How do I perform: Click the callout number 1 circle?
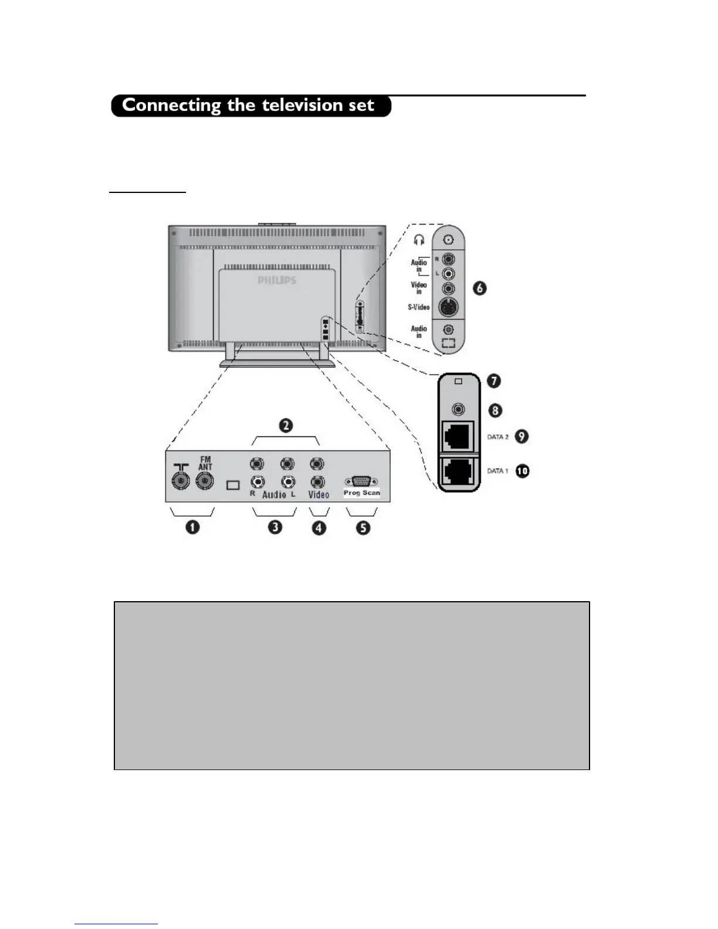192,527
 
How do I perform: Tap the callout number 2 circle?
286,425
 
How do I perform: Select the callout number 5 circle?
363,527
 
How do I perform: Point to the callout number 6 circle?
480,288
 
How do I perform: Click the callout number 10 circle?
522,470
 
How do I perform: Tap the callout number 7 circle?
495,381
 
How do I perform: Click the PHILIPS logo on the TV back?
277,280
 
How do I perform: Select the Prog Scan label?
361,493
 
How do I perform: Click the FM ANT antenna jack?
205,482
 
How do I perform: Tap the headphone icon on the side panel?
419,240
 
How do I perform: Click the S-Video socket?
449,307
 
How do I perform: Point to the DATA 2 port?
458,436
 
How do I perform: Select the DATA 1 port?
458,471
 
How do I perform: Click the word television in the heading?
302,106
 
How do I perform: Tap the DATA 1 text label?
497,471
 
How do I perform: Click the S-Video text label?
419,307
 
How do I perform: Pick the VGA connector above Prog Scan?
361,482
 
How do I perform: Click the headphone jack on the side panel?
449,240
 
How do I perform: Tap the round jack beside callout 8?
459,410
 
